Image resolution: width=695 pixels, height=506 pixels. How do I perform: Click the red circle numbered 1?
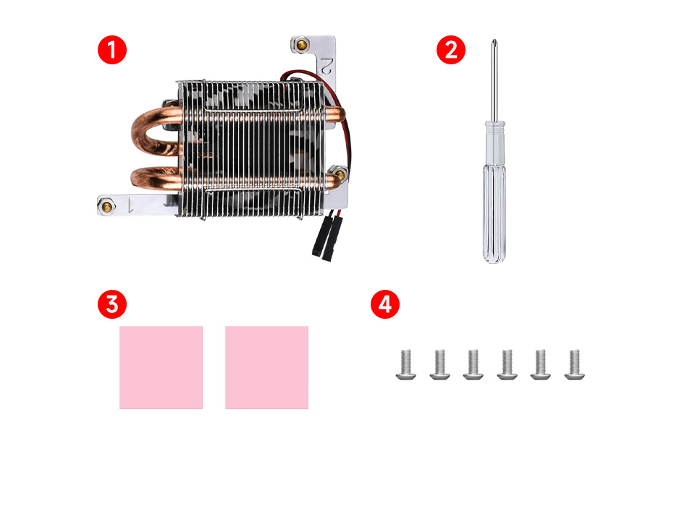[x=112, y=50]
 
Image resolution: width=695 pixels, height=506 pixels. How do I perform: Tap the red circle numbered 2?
[x=451, y=50]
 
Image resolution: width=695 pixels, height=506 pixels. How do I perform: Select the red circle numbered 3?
[x=112, y=304]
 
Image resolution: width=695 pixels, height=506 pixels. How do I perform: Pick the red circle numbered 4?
[x=384, y=304]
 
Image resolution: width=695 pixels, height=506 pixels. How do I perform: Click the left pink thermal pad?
[x=161, y=367]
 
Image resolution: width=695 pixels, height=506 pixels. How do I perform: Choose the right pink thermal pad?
[x=266, y=367]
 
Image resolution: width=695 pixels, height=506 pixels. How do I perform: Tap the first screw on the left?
[x=406, y=365]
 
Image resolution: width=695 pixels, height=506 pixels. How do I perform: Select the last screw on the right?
[x=574, y=365]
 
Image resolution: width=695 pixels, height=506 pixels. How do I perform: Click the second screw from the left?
[x=439, y=365]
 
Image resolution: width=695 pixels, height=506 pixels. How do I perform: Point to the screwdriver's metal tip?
[x=494, y=43]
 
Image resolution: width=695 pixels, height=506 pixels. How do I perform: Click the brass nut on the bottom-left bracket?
[x=107, y=206]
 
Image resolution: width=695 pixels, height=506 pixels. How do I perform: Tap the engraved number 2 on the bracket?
[x=327, y=66]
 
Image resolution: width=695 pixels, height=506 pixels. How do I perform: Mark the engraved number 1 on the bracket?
[x=130, y=205]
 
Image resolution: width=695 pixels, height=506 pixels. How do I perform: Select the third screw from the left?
[x=473, y=365]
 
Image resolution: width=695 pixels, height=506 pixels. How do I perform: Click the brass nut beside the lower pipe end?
[x=339, y=173]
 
